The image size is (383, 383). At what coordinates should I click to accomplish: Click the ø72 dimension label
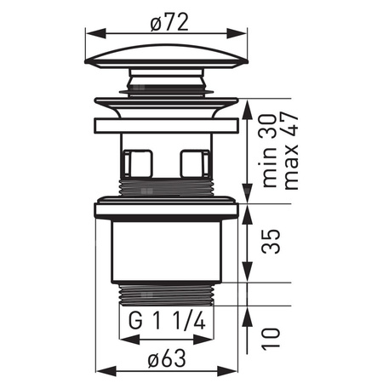[x=169, y=22]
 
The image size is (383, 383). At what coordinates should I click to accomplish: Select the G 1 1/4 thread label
[x=167, y=321]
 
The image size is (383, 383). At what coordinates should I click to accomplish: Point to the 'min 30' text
[x=270, y=151]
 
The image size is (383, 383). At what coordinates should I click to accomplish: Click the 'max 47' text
[x=291, y=151]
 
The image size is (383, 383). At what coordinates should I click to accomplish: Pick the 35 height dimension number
[x=271, y=242]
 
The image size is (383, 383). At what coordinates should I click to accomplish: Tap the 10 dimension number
[x=271, y=339]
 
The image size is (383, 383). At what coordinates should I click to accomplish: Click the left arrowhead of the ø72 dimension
[x=95, y=33]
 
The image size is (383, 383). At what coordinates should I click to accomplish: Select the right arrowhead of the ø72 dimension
[x=237, y=33]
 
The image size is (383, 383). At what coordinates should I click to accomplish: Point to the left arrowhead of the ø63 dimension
[x=106, y=371]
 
